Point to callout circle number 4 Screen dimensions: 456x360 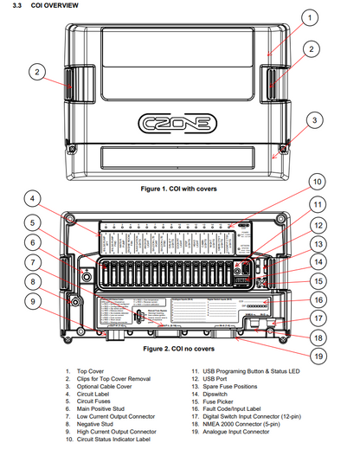pos(32,197)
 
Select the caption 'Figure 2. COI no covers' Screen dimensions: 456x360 pos(177,349)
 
